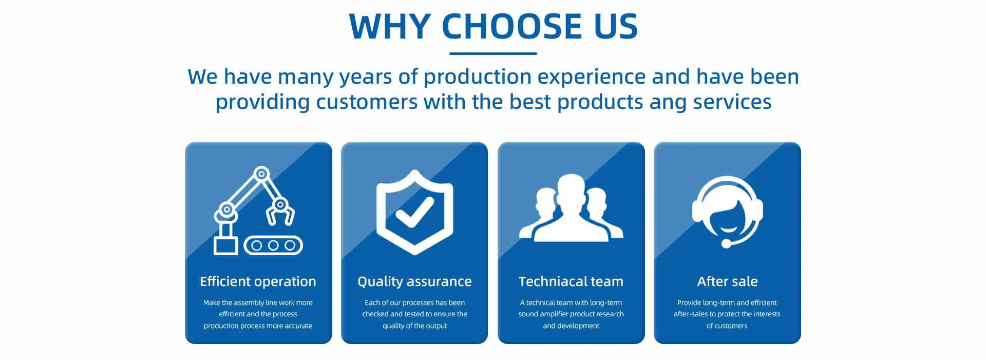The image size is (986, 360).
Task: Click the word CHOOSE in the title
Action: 511,26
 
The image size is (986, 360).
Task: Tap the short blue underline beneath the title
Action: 493,53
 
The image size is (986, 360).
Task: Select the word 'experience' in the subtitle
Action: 591,78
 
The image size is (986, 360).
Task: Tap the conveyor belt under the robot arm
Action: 273,245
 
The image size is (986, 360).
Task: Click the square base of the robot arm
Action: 226,245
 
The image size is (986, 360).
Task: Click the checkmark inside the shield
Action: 415,212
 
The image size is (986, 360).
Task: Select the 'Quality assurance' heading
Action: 414,281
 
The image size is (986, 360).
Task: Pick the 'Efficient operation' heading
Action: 258,281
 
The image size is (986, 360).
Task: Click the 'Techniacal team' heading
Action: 571,281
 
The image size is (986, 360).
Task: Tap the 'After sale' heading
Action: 727,281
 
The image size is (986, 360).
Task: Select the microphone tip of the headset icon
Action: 726,244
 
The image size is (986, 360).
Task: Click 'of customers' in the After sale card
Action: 727,326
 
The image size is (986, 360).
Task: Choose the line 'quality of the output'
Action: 415,326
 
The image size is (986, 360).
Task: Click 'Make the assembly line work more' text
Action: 258,303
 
